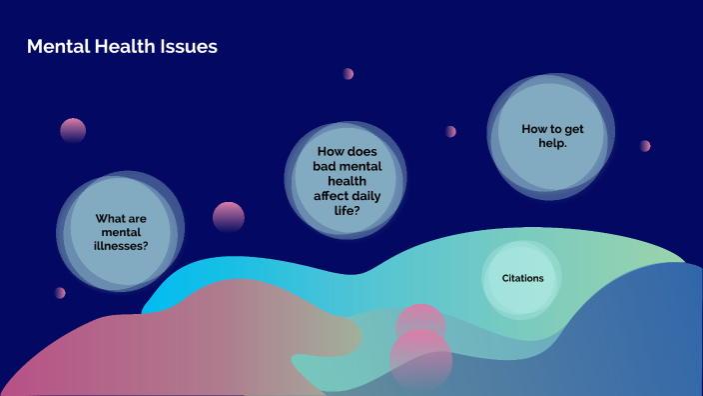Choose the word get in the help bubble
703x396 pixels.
[x=570, y=130]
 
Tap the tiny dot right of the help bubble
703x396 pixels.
[x=645, y=146]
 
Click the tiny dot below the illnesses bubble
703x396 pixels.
[x=60, y=293]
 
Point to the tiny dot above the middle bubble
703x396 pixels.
[x=349, y=74]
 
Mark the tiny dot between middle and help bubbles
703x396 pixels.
[x=451, y=131]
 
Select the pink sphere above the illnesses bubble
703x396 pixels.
[x=73, y=130]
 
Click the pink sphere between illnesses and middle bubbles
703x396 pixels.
[x=229, y=217]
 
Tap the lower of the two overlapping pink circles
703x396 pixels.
[x=420, y=360]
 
